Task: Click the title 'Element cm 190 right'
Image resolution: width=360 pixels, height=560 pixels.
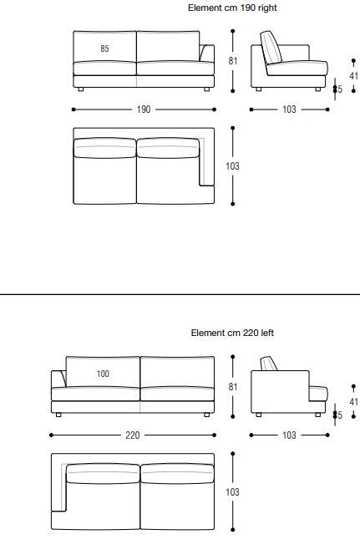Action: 232,8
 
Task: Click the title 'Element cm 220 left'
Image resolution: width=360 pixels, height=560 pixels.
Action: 232,333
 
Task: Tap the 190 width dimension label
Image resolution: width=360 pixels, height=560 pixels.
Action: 144,109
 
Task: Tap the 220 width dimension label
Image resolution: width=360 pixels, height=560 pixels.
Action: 132,435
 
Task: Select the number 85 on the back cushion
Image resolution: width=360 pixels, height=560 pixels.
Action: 104,48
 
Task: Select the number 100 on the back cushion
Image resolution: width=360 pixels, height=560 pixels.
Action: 103,374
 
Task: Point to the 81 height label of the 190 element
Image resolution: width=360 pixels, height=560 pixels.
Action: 233,61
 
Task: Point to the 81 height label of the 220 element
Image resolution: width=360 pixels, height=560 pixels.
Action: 233,386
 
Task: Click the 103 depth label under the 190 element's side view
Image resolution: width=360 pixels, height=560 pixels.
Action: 289,109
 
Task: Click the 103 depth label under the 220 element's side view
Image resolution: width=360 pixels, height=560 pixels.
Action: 289,435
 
